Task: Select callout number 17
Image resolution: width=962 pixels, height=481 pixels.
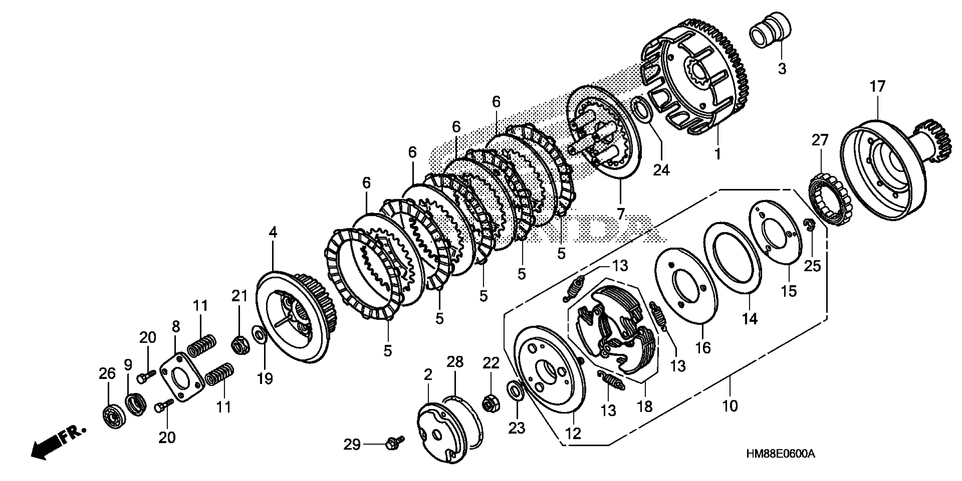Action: click(x=877, y=87)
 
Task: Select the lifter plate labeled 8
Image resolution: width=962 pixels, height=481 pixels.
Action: click(x=182, y=376)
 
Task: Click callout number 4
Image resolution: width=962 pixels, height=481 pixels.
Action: click(x=273, y=233)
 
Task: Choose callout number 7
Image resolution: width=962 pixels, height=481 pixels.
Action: click(x=620, y=214)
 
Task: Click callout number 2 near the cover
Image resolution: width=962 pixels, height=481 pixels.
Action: click(x=428, y=375)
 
